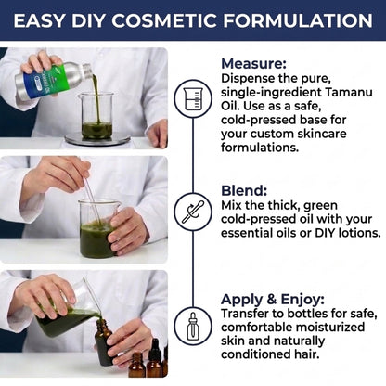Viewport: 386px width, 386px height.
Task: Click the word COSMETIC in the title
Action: [x=163, y=20]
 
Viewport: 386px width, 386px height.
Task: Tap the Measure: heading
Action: [x=253, y=64]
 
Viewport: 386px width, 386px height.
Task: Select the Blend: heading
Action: [x=244, y=190]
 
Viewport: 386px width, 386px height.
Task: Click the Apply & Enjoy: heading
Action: [x=273, y=299]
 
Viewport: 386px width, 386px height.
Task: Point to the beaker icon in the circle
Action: [x=193, y=98]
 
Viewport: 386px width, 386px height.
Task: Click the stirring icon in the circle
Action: [x=193, y=212]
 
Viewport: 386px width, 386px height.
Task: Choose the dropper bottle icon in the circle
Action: [x=193, y=326]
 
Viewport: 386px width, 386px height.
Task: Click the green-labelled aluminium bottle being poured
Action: [x=53, y=80]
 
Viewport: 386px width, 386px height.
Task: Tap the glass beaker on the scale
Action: [x=96, y=116]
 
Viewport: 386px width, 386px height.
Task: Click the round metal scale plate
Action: [x=97, y=139]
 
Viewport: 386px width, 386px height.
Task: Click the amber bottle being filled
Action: [x=105, y=342]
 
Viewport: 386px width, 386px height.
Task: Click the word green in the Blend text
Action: [x=320, y=206]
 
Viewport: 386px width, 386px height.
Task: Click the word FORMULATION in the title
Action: [x=298, y=20]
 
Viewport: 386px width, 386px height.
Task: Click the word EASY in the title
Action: [x=39, y=20]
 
